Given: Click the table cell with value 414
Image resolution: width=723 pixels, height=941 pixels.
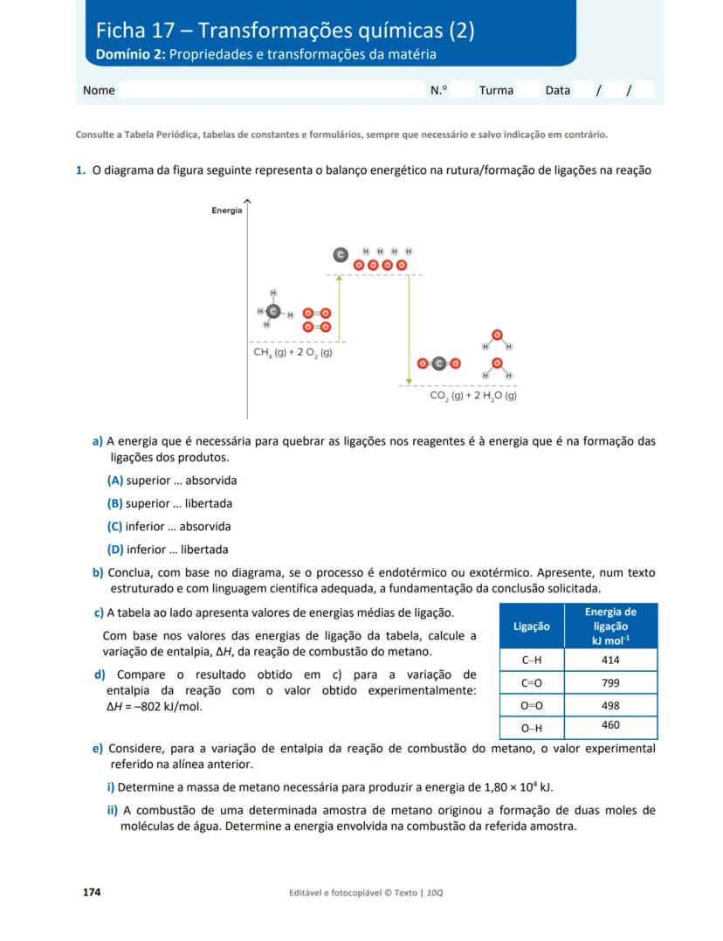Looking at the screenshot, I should (x=610, y=661).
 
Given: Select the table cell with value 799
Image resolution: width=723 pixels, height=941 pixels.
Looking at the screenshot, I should (x=610, y=682).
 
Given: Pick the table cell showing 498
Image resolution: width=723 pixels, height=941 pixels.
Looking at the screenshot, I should (x=610, y=705).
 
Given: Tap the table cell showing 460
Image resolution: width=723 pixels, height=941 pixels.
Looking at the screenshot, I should (x=610, y=726).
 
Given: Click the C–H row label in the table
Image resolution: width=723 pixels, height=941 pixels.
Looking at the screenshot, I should (x=532, y=661).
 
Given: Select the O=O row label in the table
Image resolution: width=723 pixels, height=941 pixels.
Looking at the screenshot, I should (x=532, y=705).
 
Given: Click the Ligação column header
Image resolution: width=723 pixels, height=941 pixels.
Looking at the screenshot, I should (x=532, y=626).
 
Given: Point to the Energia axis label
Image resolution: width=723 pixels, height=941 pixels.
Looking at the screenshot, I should (x=226, y=211).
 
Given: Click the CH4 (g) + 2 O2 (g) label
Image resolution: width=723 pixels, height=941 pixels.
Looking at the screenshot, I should (x=293, y=353).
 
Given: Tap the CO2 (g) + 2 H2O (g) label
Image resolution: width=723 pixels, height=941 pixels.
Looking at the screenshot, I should (x=473, y=396).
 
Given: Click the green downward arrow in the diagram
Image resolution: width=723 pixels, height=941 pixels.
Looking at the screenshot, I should (x=409, y=329).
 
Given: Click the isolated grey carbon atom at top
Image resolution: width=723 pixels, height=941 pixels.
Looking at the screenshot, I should (x=341, y=254).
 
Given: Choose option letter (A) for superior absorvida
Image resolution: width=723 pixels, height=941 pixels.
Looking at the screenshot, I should (x=115, y=481).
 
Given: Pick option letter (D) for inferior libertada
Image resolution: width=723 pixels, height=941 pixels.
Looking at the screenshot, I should (x=115, y=550).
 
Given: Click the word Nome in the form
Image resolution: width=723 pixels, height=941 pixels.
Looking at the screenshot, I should (x=99, y=90).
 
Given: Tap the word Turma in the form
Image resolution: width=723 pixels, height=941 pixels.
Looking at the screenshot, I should (x=496, y=90).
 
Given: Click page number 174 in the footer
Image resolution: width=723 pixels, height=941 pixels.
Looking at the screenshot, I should (x=92, y=892).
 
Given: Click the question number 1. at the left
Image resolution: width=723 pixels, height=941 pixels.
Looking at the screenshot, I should (x=80, y=170).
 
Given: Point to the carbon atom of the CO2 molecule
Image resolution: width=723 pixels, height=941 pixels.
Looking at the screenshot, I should (x=439, y=363).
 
